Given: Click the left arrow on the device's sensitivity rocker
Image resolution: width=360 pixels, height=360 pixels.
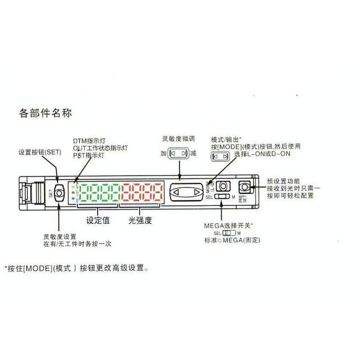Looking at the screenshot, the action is click(x=176, y=193).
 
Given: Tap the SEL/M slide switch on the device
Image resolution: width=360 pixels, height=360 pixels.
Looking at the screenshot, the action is click(x=221, y=197).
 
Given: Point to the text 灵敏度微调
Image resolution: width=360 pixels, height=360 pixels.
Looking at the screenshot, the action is click(x=179, y=139).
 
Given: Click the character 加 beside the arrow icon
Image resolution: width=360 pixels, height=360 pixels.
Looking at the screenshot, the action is click(x=163, y=153).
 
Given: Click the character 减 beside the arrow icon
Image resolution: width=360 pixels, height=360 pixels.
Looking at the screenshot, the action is click(x=193, y=153).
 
